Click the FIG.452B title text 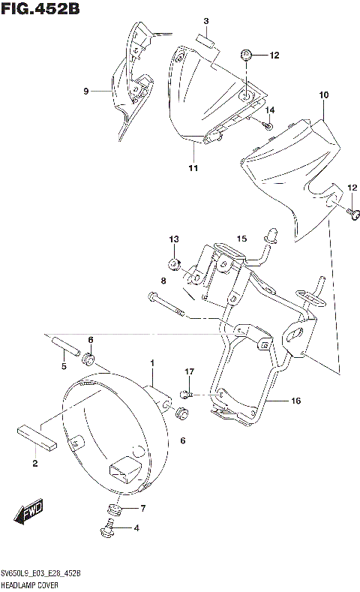coord(41,10)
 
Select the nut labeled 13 coord(174,263)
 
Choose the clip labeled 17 coord(189,392)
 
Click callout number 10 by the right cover coord(324,95)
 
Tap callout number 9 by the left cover coord(86,91)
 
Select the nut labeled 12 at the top coord(247,55)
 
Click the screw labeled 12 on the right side coord(351,215)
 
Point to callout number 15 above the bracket coord(241,239)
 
